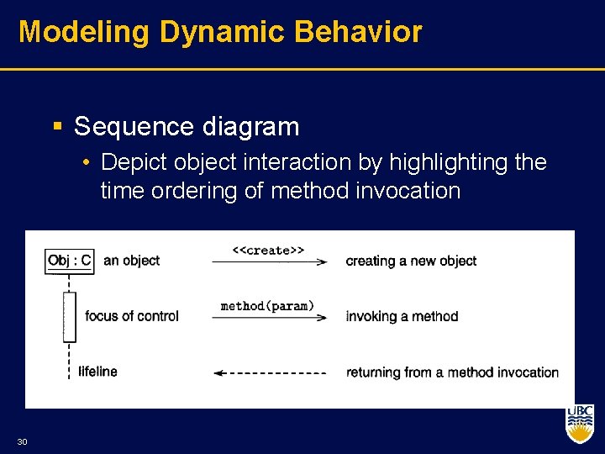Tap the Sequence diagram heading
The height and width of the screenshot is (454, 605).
click(x=186, y=127)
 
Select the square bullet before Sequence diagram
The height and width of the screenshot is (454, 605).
click(x=58, y=127)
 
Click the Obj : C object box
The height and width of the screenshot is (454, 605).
click(x=69, y=261)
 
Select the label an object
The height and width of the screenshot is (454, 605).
click(x=131, y=261)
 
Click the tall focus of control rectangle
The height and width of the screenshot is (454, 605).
click(x=69, y=316)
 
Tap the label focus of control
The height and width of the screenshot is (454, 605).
click(x=132, y=316)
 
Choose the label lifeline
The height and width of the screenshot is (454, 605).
click(x=97, y=371)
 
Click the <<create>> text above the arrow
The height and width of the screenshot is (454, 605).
click(x=268, y=250)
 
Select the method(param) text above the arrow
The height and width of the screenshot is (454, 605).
click(x=267, y=306)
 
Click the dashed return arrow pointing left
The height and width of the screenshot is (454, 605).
click(x=269, y=372)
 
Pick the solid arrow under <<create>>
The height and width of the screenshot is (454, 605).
click(x=269, y=262)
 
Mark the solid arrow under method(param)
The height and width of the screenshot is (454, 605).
click(x=269, y=318)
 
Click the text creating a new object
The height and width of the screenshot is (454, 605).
click(x=411, y=261)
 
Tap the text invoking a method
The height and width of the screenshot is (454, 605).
click(x=402, y=316)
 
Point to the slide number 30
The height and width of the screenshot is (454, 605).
click(x=22, y=441)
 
